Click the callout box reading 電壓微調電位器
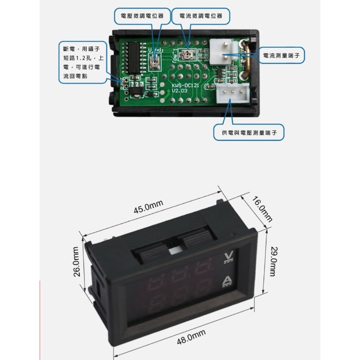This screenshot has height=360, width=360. click(x=142, y=16)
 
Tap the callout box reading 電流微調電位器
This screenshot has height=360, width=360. click(x=201, y=16)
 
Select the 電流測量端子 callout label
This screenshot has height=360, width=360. click(x=281, y=55)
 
